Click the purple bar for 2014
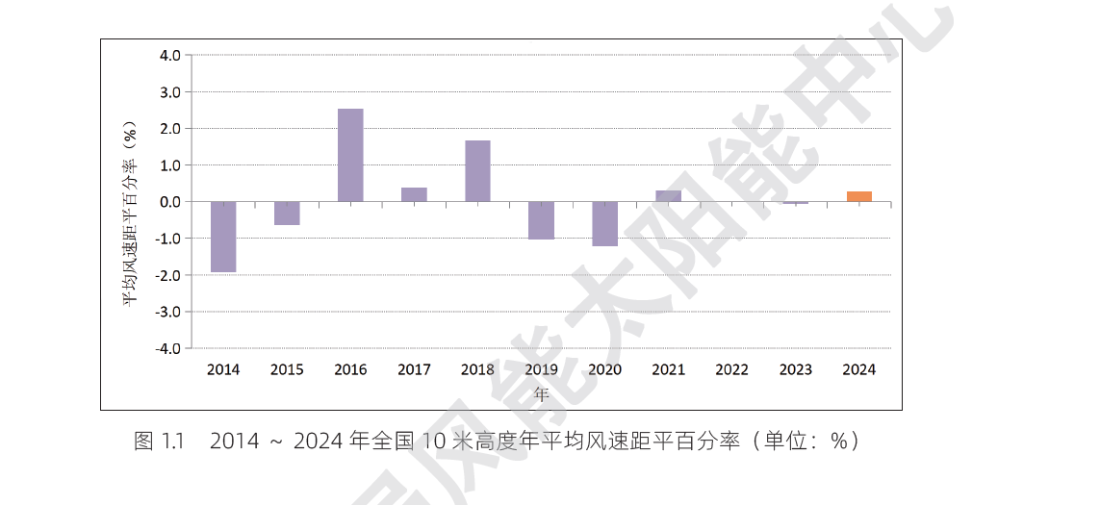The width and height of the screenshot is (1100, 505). [223, 237]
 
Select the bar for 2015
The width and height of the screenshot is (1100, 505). [287, 214]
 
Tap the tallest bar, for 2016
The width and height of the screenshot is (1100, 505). [350, 155]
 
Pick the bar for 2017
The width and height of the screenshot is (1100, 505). [414, 194]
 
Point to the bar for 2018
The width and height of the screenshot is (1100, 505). [477, 171]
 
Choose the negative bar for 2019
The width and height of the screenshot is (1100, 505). [541, 220]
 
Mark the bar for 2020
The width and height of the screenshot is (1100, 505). [604, 224]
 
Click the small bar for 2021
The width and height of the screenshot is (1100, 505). [668, 196]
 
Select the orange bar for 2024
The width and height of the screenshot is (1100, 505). [859, 196]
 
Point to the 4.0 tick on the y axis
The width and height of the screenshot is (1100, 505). [169, 56]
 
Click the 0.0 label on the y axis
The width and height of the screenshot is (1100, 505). [169, 202]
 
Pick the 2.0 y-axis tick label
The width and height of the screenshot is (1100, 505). [169, 129]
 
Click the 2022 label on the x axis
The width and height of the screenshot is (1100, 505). [731, 369]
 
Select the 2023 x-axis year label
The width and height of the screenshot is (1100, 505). [795, 369]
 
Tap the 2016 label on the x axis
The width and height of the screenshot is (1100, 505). [350, 369]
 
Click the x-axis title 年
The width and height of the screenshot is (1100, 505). [541, 393]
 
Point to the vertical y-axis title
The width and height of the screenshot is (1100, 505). [130, 214]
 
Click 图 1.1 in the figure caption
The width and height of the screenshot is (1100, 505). [159, 442]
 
